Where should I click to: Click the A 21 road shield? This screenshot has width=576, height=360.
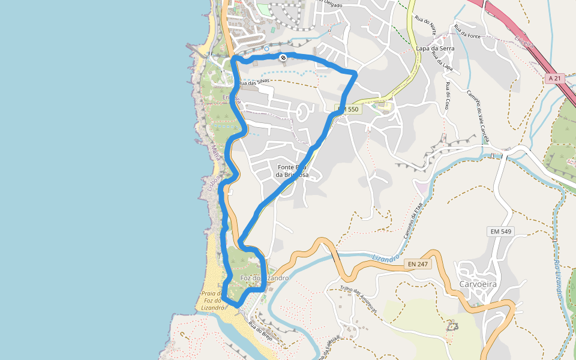click(x=555, y=78)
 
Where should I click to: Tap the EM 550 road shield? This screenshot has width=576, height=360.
click(x=347, y=109)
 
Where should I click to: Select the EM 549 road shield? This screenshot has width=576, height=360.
click(x=502, y=232)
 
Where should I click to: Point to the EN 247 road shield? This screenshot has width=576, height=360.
click(x=419, y=263)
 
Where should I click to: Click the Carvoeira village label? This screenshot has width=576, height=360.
click(x=479, y=283)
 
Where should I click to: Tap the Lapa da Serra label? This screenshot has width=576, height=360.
click(x=435, y=48)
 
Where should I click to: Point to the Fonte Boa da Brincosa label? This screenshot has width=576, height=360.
click(x=292, y=171)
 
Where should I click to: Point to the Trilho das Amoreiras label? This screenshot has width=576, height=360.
click(x=359, y=298)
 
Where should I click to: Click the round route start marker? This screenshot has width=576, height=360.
click(x=283, y=58)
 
